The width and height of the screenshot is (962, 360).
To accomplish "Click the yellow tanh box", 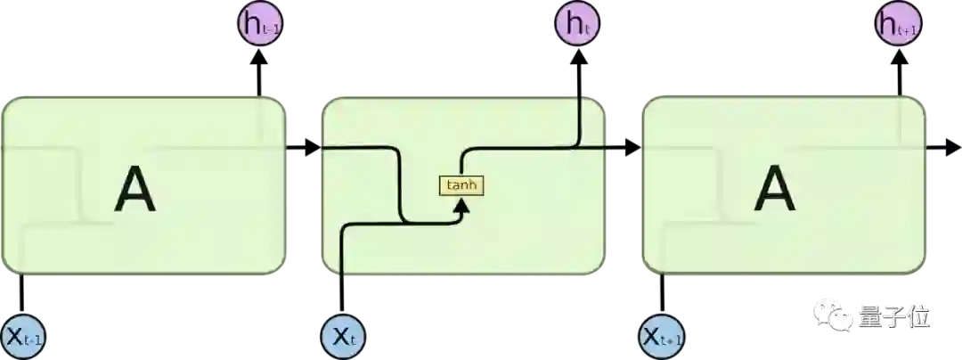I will coord(461,185).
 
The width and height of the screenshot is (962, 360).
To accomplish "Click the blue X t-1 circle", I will coord(24,337).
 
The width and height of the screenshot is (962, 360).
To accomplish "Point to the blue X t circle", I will coord(343,337).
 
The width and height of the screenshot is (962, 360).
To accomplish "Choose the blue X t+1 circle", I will coord(662,337).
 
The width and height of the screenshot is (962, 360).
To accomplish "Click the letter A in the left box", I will coord(135,190).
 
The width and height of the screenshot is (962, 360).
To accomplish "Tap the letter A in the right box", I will coord(774,190).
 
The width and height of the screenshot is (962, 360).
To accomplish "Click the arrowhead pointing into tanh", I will coord(461,207).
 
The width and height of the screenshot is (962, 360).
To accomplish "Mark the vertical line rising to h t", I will coord(580,116).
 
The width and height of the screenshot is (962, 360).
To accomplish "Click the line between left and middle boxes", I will coord(306,146).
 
